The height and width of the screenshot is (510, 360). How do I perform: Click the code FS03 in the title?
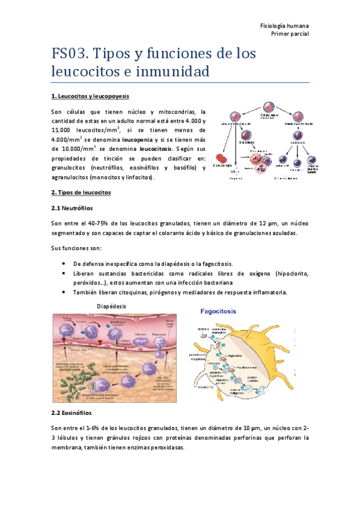pyautogui.click(x=69, y=54)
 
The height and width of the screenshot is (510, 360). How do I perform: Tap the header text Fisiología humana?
pyautogui.click(x=284, y=26)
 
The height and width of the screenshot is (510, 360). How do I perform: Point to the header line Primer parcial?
pyautogui.click(x=290, y=34)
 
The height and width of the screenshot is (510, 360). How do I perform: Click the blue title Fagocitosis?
pyautogui.click(x=218, y=312)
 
